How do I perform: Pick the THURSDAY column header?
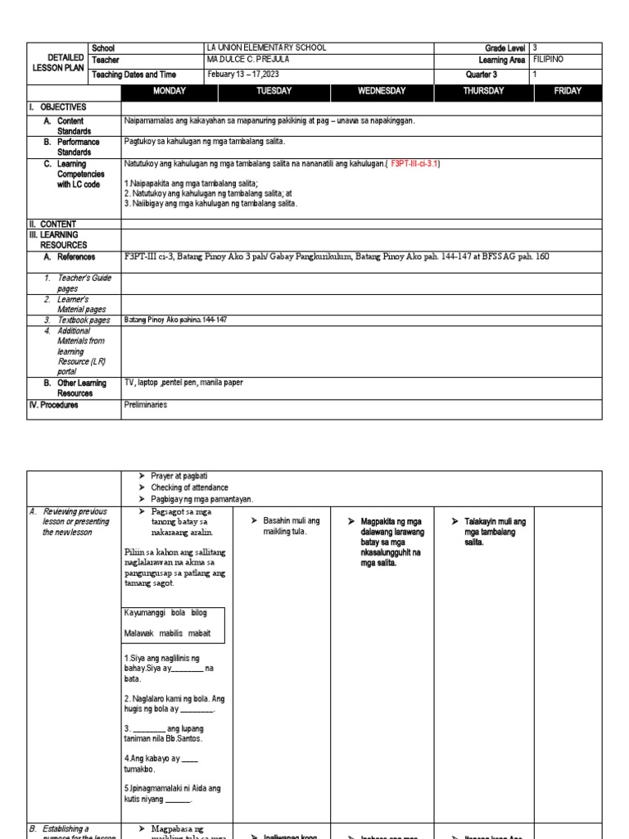tap(483, 91)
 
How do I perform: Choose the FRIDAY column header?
tap(568, 91)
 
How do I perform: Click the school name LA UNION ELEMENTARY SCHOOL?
tap(267, 48)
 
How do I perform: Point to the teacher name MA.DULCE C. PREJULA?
tap(251, 60)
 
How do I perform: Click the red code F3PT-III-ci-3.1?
tap(415, 164)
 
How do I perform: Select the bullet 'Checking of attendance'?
tap(189, 488)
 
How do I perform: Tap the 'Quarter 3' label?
tap(483, 74)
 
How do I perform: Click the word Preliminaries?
tap(145, 404)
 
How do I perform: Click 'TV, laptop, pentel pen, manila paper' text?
tap(183, 382)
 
